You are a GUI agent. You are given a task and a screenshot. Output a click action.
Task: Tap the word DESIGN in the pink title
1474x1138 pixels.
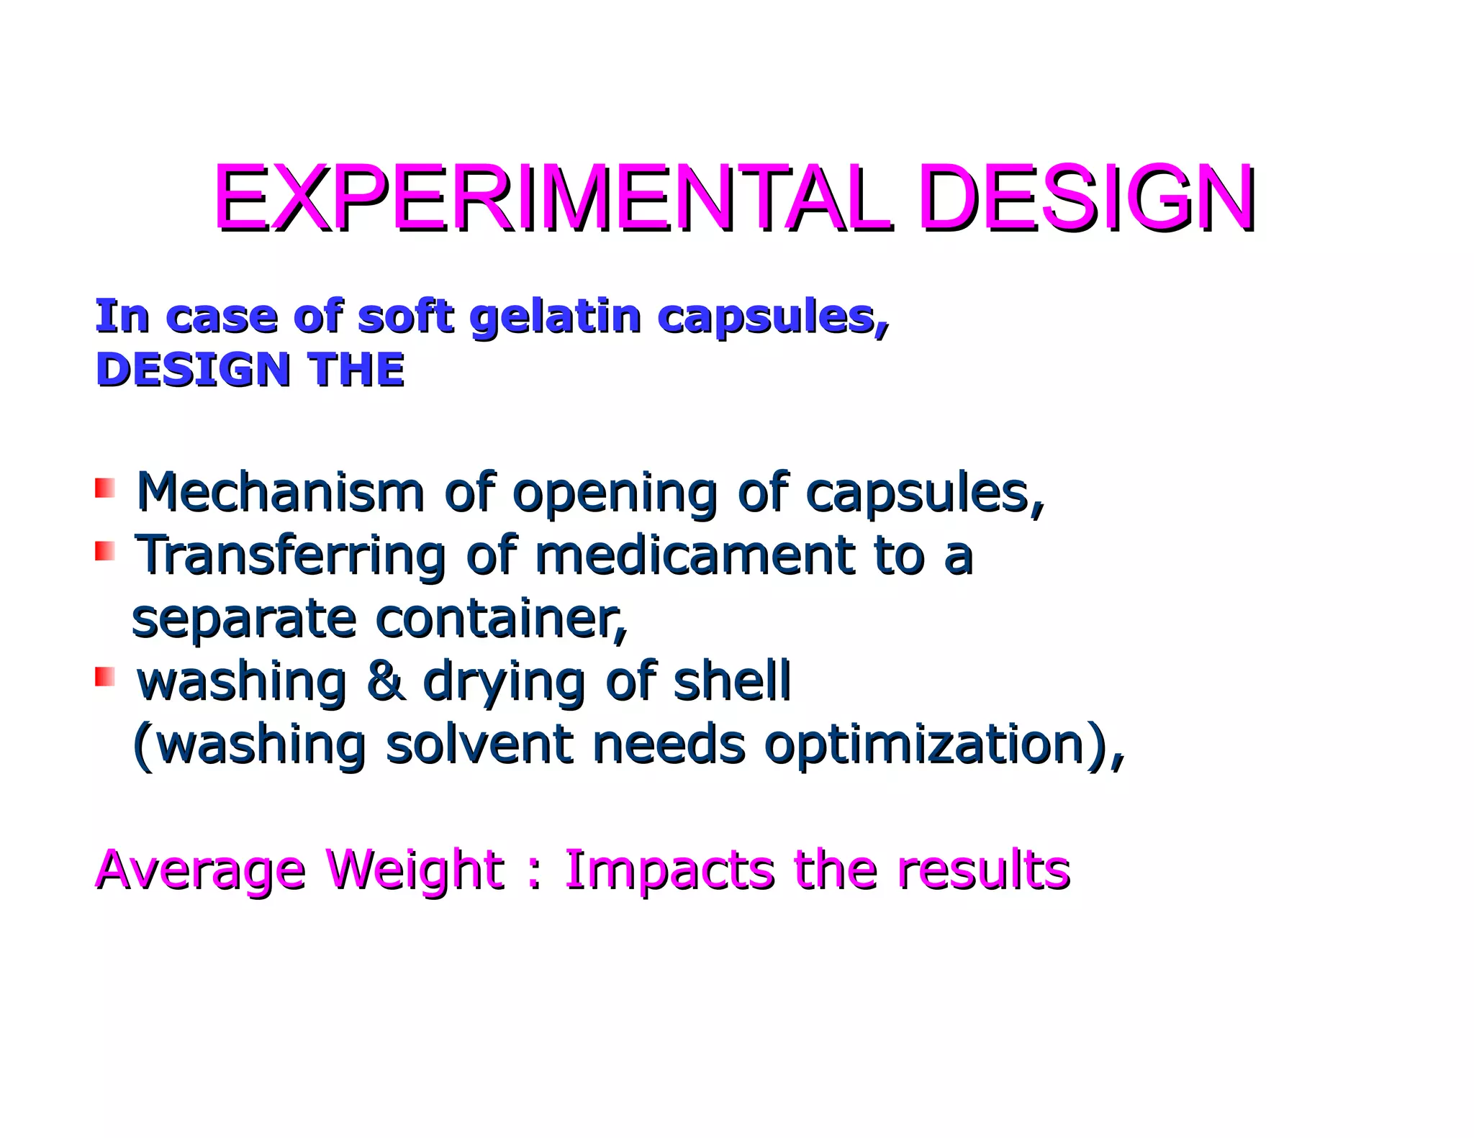click(1087, 198)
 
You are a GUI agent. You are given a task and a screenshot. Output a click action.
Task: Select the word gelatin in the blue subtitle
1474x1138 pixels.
click(555, 317)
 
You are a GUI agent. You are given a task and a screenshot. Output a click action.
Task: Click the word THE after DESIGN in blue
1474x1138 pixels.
click(356, 370)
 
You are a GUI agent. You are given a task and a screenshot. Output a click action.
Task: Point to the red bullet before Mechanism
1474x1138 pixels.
click(105, 488)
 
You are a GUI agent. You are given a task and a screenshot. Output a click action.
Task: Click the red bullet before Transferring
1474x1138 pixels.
click(105, 552)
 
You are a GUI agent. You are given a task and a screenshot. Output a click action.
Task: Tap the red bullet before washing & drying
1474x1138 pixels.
click(105, 677)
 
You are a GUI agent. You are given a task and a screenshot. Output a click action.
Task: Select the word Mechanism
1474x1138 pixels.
click(281, 493)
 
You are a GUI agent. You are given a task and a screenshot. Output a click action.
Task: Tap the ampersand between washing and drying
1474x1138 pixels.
click(385, 681)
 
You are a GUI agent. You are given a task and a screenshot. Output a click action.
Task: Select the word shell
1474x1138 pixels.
click(731, 681)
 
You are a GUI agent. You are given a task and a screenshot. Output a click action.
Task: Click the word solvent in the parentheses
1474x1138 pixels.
click(479, 745)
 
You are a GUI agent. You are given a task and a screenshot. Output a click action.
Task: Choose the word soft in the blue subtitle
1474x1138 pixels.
click(405, 317)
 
